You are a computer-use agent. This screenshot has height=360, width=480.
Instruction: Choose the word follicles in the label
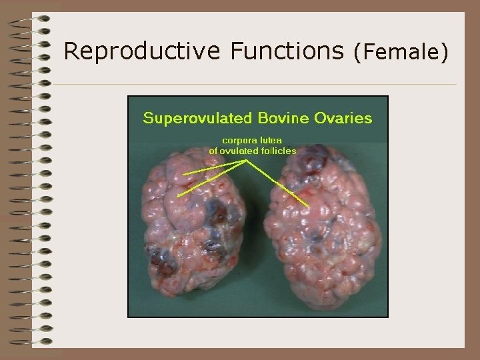click(279, 151)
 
